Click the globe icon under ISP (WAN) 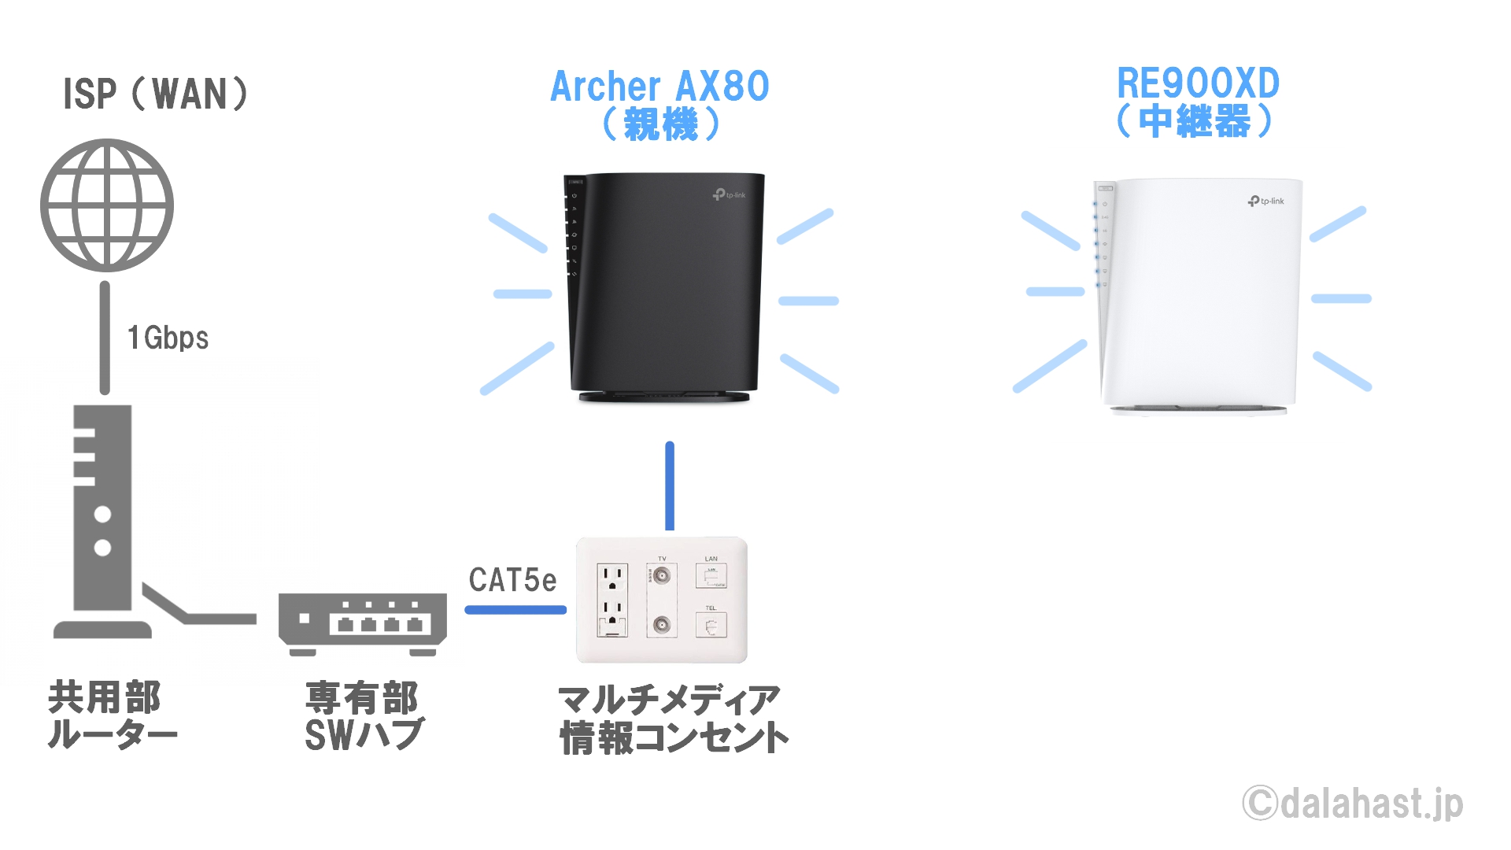(107, 205)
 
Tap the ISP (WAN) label (155, 94)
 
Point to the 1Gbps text (168, 338)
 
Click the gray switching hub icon (363, 624)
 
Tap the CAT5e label (512, 580)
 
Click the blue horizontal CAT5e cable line (515, 609)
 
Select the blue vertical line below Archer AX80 (670, 486)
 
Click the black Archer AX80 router (664, 287)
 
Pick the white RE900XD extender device (1198, 296)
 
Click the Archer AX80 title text (659, 87)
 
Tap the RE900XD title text (1198, 83)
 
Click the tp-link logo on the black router (729, 194)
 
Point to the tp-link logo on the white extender (1265, 201)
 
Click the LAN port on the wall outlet (711, 576)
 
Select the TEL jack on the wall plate (711, 626)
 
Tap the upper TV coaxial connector (662, 576)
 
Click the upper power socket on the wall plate (612, 577)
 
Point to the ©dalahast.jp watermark (1353, 804)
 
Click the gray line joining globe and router (105, 338)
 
